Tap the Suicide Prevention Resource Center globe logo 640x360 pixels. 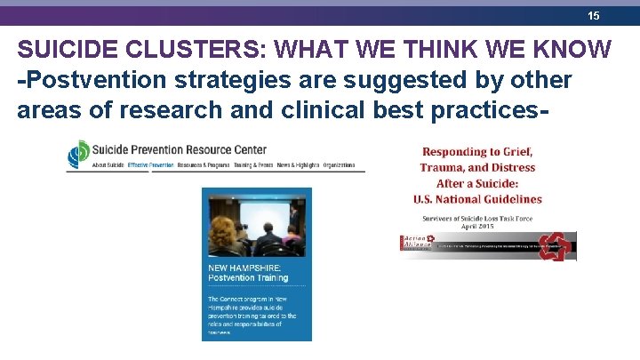79,154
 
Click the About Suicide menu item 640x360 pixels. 107,166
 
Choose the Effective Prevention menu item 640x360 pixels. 150,166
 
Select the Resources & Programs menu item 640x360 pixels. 204,166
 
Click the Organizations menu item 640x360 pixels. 340,166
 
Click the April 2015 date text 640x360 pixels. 479,226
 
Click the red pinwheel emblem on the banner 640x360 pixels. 554,245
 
